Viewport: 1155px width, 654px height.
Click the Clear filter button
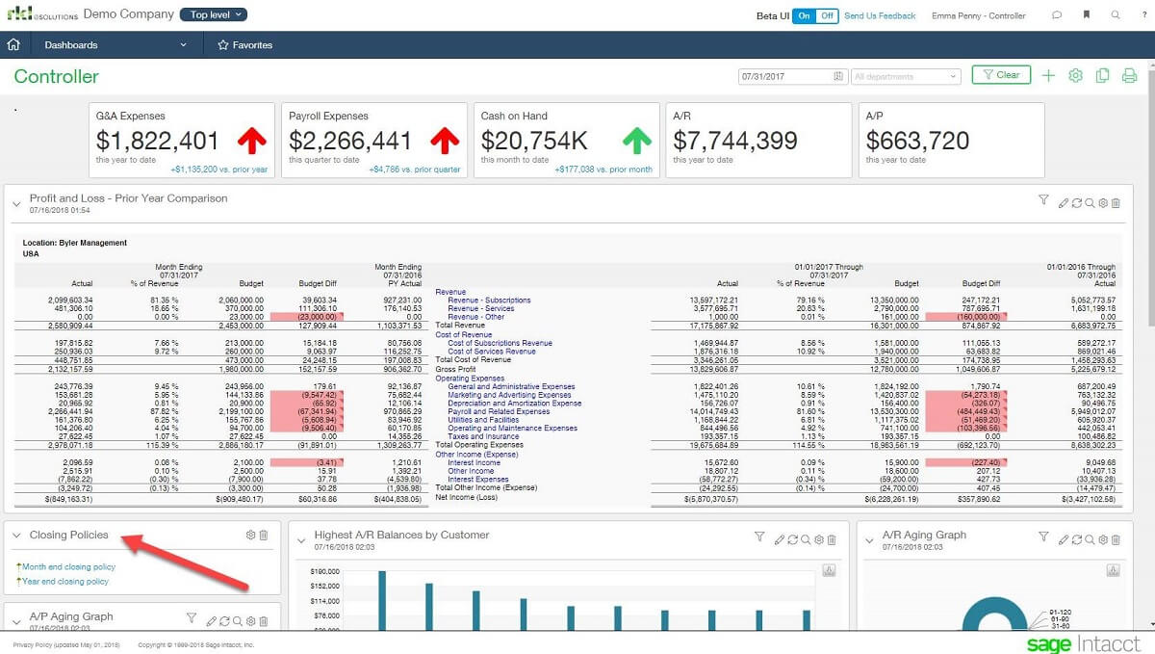(1001, 75)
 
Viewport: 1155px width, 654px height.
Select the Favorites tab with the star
(245, 45)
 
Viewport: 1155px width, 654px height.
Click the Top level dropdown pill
(214, 15)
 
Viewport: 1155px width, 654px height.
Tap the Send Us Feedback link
(880, 16)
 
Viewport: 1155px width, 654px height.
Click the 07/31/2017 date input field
(784, 76)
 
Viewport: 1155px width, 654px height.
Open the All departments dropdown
(905, 76)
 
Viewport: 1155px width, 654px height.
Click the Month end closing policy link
(68, 567)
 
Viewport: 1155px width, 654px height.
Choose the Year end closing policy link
(65, 582)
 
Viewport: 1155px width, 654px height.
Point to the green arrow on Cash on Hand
(636, 141)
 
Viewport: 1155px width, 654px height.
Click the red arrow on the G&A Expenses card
(252, 141)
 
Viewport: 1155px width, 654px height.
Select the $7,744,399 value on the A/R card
(735, 141)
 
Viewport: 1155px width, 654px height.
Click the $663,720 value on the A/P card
(917, 141)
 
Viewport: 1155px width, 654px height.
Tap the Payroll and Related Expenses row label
(499, 411)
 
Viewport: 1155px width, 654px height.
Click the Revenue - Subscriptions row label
(489, 301)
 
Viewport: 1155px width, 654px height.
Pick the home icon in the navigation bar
(13, 45)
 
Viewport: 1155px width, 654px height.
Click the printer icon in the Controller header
(1130, 76)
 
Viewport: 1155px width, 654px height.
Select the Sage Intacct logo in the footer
(1083, 643)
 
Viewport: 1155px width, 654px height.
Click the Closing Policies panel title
(68, 535)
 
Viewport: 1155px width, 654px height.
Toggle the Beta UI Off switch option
(827, 16)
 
